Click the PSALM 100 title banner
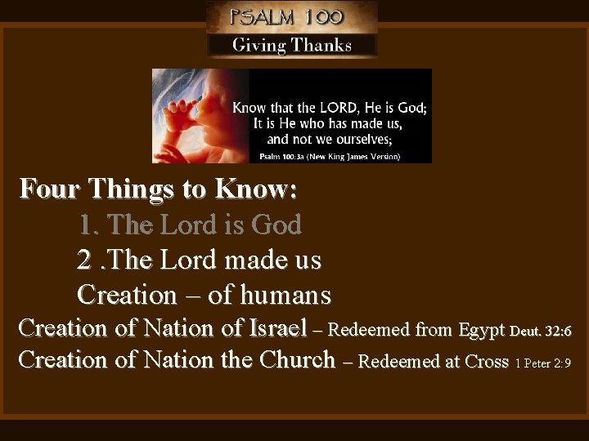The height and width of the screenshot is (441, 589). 290,16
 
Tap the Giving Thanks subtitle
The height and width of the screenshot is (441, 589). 291,45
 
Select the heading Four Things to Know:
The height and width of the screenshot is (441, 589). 159,189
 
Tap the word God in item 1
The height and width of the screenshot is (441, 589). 277,225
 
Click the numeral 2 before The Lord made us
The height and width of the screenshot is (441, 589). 83,261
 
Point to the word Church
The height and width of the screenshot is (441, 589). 297,360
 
